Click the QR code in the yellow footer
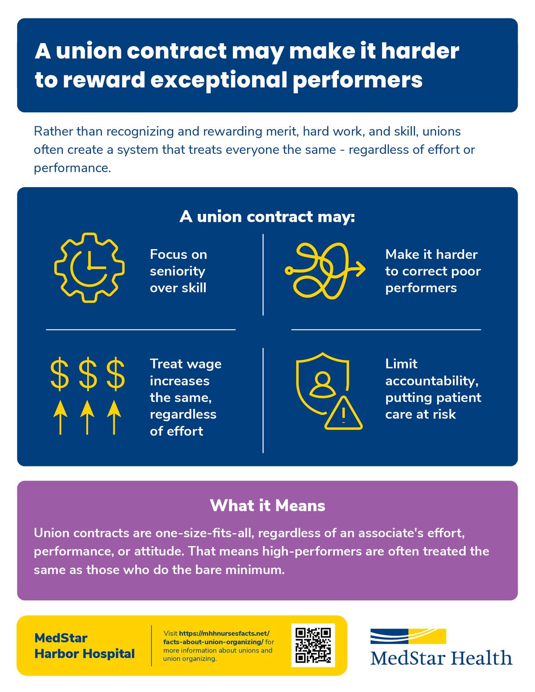[x=313, y=645]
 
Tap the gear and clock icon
[x=89, y=267]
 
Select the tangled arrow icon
[x=324, y=271]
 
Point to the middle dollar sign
[x=87, y=373]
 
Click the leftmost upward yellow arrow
[x=60, y=417]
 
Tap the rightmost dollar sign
[x=115, y=373]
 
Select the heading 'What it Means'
[x=267, y=505]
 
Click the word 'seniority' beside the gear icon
[x=177, y=271]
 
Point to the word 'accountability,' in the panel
[x=432, y=380]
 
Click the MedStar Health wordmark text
[x=441, y=657]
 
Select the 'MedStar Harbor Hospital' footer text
[x=84, y=645]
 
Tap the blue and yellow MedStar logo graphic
[x=408, y=636]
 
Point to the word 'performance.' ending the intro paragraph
[x=72, y=168]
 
